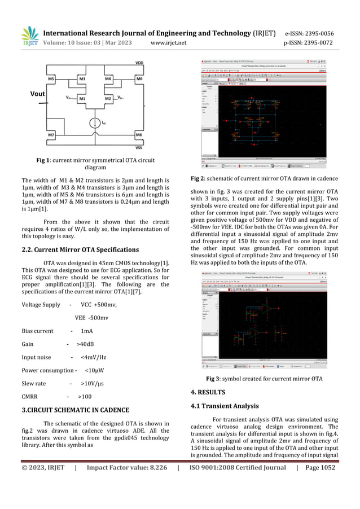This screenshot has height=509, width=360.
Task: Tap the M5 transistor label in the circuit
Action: pos(51,79)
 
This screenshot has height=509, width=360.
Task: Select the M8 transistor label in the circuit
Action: pos(138,135)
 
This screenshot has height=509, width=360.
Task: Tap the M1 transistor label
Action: pos(82,98)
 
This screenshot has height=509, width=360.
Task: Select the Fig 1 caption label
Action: pos(45,161)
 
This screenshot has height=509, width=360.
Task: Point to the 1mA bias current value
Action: pos(87,331)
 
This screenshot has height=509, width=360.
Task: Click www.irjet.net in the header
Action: pos(169,43)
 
